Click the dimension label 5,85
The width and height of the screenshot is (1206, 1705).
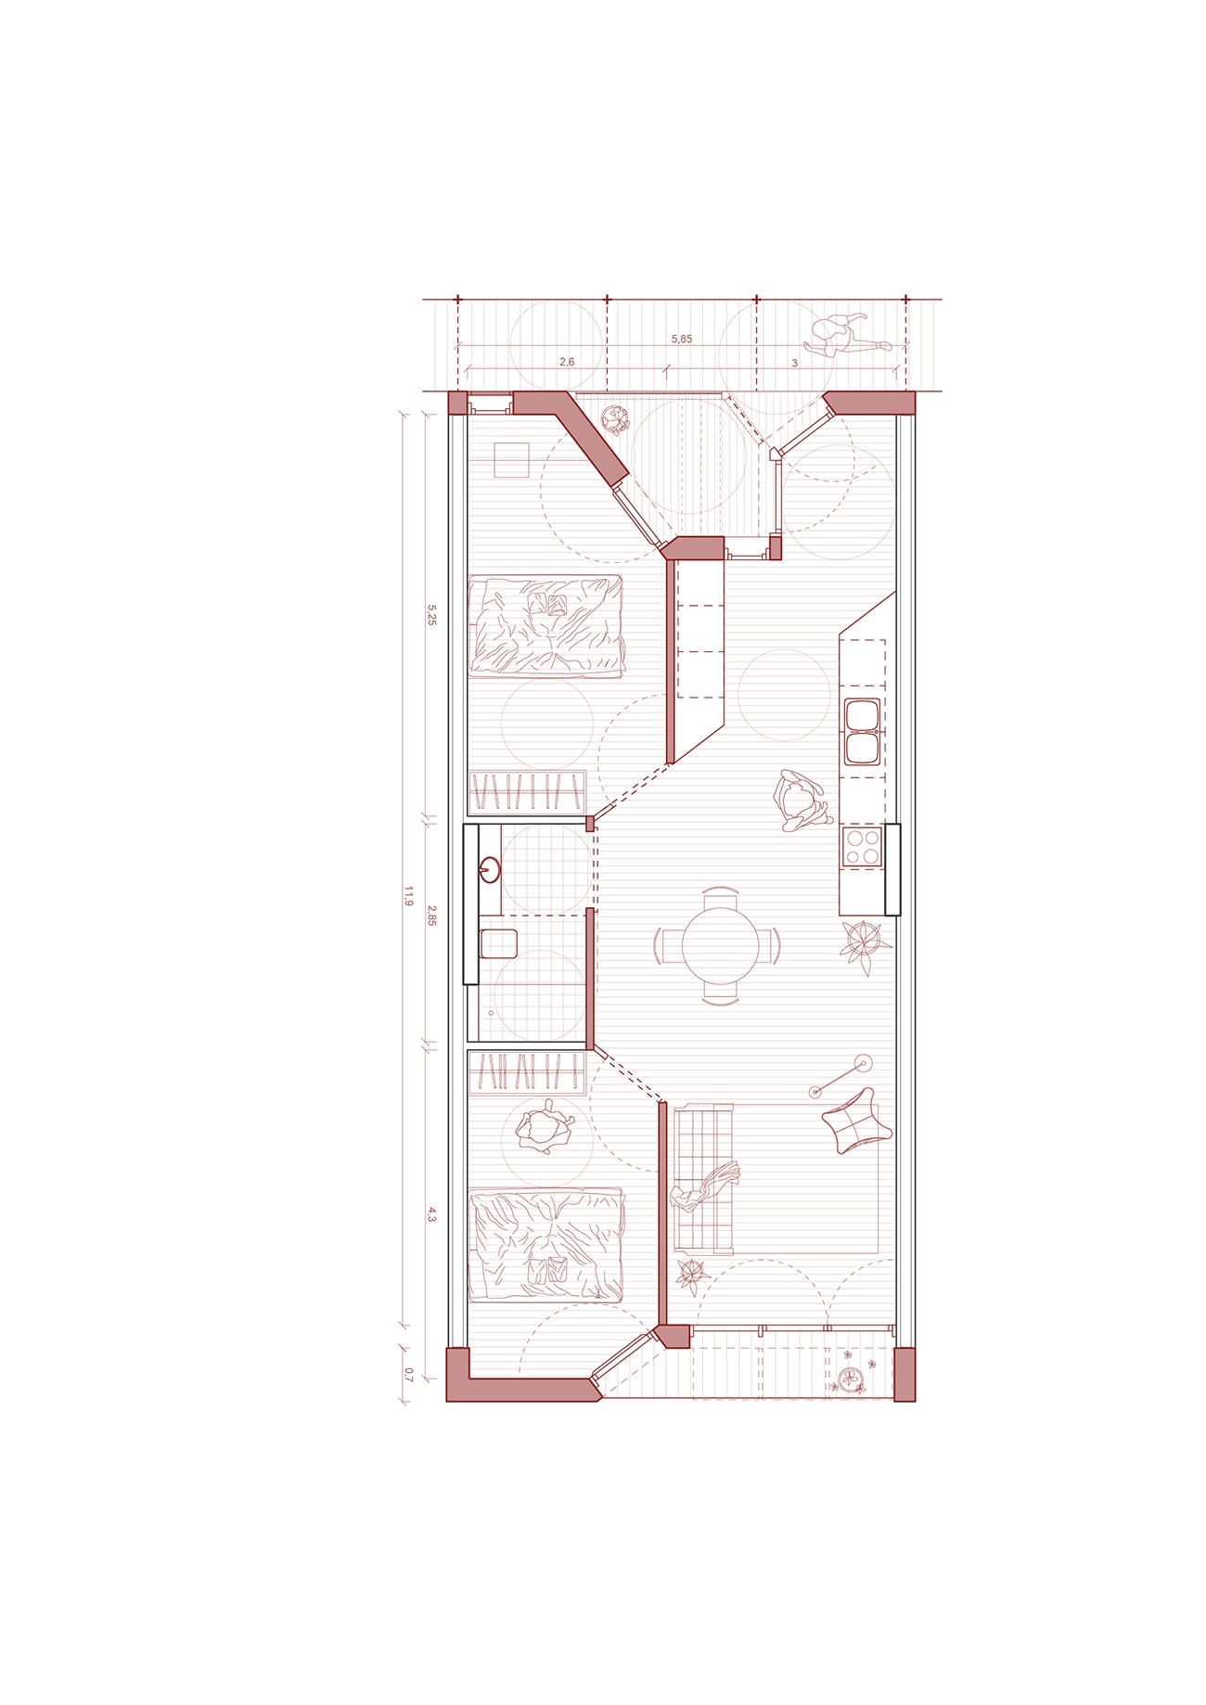682,340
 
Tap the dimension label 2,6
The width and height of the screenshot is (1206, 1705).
567,362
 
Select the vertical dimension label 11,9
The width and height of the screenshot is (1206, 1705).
407,896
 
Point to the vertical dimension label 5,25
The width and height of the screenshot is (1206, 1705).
431,615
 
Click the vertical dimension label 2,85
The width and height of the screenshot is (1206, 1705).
431,916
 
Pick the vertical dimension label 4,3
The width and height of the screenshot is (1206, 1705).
431,1214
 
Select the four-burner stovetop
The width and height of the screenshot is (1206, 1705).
862,846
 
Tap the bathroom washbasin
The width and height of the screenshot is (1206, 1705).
490,870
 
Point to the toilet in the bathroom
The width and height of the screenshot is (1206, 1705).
497,944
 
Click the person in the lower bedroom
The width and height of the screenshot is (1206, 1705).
545,1126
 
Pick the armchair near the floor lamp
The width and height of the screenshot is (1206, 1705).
856,1121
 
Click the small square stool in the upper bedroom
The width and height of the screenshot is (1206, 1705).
511,460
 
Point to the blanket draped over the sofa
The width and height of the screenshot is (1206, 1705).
705,1188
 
